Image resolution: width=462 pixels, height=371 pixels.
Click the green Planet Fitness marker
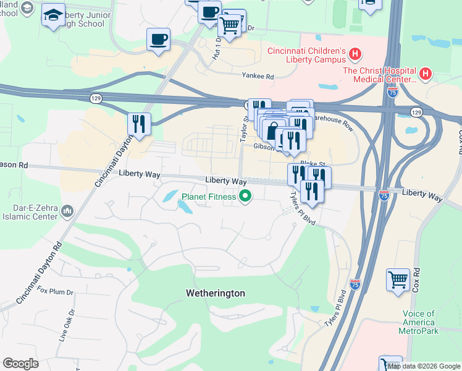(x=245, y=197)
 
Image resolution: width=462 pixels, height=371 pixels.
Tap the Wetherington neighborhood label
(x=216, y=293)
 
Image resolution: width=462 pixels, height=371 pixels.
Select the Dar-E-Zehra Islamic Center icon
(x=67, y=213)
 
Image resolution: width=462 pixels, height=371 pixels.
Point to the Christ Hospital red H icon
(x=426, y=75)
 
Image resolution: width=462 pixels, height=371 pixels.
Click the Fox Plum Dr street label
(x=55, y=291)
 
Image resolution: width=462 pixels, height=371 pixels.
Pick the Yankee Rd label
(x=258, y=76)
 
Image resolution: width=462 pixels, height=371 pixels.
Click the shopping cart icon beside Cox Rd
(x=398, y=279)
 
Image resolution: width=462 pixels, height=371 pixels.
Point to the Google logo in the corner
(x=20, y=363)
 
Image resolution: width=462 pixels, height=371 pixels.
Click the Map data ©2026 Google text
(x=424, y=366)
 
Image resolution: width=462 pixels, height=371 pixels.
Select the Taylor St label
(x=244, y=130)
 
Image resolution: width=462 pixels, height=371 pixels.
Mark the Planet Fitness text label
(x=208, y=197)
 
